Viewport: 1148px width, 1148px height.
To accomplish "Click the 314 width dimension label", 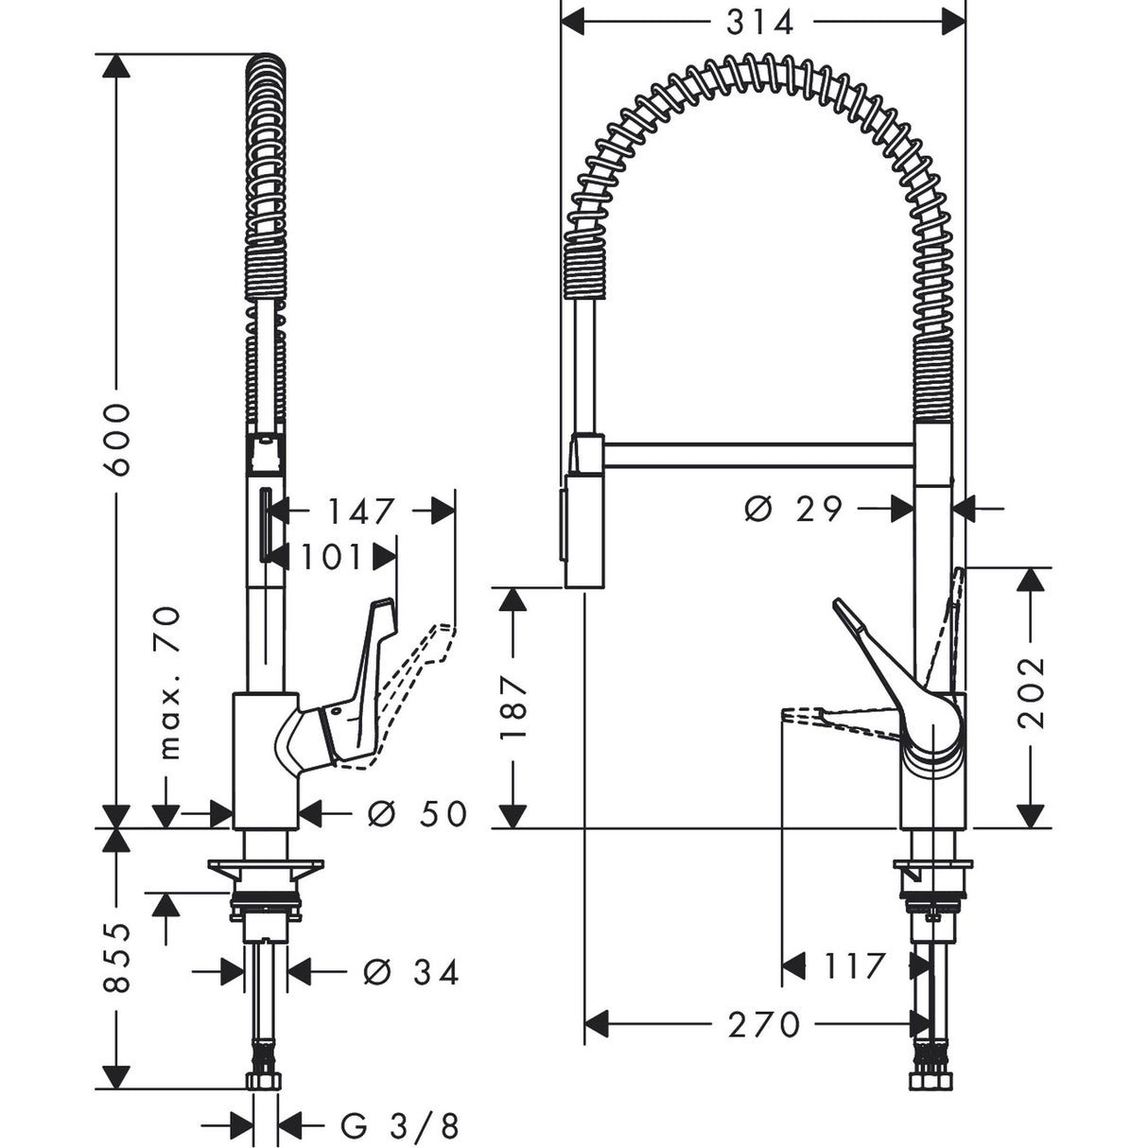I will (x=760, y=22).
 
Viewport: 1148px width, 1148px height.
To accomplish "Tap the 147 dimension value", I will (x=360, y=512).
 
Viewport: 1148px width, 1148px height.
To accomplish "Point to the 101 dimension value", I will (x=331, y=557).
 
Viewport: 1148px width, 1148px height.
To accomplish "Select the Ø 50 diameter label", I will (x=416, y=812).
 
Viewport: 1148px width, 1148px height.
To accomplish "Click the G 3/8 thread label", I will (x=400, y=1124).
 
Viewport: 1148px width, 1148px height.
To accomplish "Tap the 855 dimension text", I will (x=117, y=957).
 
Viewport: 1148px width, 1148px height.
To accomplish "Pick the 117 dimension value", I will (x=852, y=965).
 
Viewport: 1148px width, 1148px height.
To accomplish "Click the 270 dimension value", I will (x=764, y=1023).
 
